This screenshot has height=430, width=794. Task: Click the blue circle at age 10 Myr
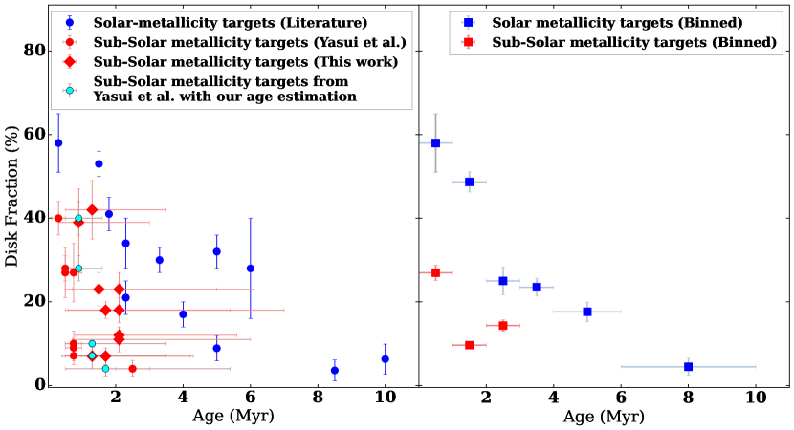(x=385, y=359)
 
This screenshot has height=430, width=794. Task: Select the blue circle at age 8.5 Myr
(x=334, y=370)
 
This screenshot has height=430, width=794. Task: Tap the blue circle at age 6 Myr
(x=251, y=269)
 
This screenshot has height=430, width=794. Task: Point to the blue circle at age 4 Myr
(x=183, y=313)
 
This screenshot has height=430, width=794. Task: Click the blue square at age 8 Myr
(x=688, y=366)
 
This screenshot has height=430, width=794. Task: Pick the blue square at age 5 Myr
(x=587, y=312)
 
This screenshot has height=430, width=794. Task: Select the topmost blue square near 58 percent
(x=435, y=143)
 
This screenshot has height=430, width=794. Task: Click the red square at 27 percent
(x=435, y=272)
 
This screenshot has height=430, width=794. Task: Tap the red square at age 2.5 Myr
(x=503, y=326)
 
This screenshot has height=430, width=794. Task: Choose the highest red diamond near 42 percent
(x=92, y=210)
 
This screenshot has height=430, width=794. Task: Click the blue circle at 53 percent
(x=99, y=163)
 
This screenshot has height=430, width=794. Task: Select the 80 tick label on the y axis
(x=35, y=51)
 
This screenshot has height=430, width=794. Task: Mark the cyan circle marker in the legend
(x=69, y=90)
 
